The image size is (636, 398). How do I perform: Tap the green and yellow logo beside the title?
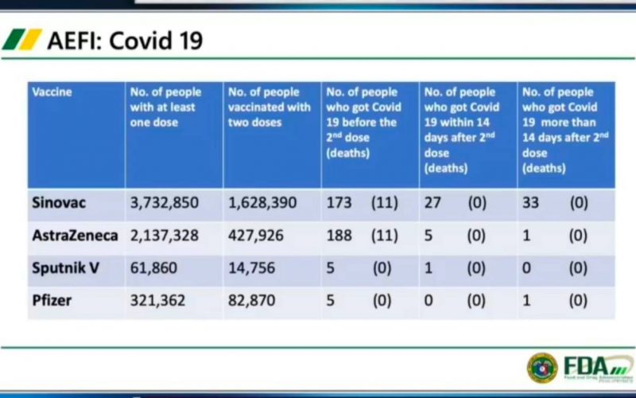tap(21, 39)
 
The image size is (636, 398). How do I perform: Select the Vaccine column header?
tap(52, 92)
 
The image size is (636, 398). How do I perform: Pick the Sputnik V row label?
tap(66, 268)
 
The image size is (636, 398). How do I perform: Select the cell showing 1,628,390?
tap(262, 203)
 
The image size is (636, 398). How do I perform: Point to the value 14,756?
tap(251, 268)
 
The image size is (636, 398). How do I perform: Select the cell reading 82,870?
tap(251, 301)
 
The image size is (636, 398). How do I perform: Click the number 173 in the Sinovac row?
tap(339, 203)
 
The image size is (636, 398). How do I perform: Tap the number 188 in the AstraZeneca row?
tap(339, 236)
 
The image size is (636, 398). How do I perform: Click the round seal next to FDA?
tap(542, 367)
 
